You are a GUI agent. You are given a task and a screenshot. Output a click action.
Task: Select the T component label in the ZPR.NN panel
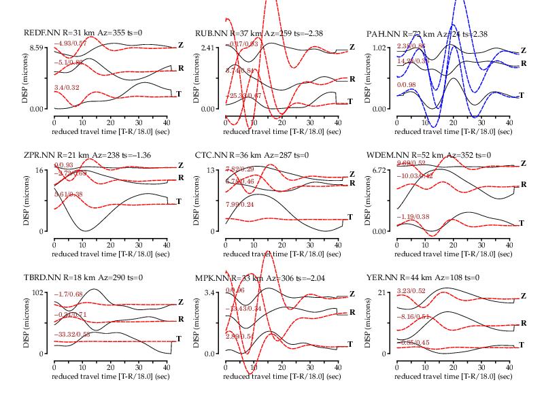coord(179,201)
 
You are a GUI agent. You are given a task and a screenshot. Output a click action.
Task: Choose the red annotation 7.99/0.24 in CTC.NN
coord(242,204)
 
